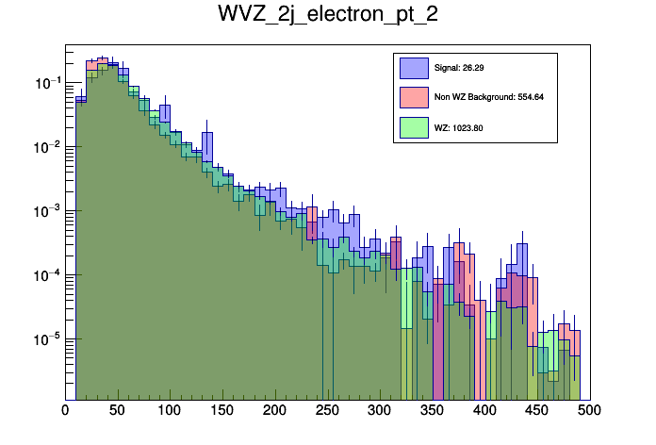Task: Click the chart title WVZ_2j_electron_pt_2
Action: (x=327, y=16)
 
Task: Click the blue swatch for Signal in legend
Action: (x=414, y=68)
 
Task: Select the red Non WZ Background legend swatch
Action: (x=414, y=97)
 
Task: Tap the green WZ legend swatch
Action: (x=414, y=127)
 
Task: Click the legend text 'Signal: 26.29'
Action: (x=459, y=68)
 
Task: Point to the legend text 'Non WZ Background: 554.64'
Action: (x=489, y=97)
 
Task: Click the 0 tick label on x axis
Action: (x=65, y=411)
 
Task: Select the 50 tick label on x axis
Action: (x=118, y=411)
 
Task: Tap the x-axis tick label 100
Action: (x=170, y=411)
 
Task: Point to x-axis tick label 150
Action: (x=222, y=411)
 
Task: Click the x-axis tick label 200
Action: (x=275, y=411)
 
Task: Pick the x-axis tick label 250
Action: (x=327, y=411)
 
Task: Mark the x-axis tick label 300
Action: (x=380, y=411)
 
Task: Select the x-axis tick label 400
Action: (x=484, y=411)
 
